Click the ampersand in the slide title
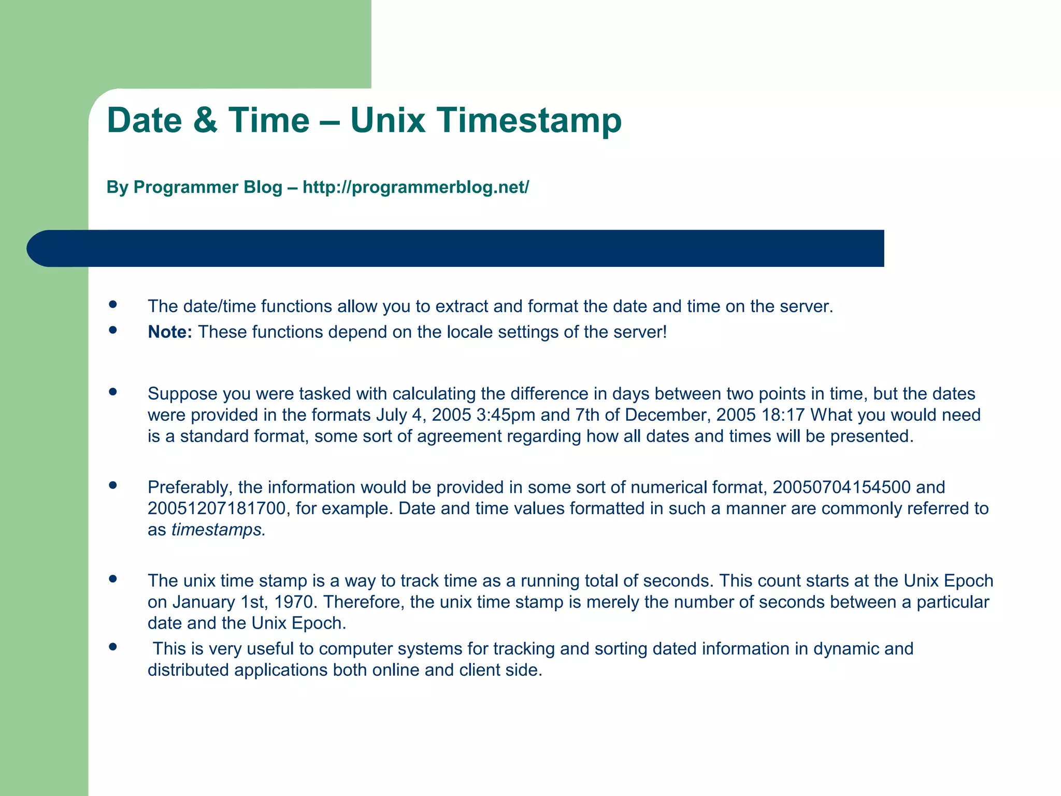205,120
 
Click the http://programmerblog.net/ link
415,187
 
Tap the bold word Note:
169,332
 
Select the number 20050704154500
841,487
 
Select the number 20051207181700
217,508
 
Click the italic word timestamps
218,530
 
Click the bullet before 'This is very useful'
113,647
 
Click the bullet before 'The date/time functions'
113,304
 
